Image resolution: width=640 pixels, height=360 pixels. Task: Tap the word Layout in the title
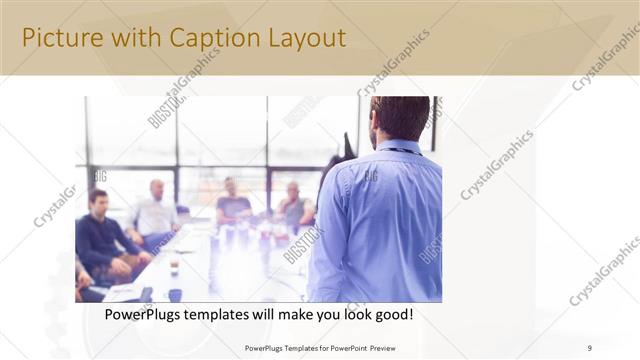coord(304,38)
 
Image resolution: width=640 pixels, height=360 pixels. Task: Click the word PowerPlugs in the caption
coord(146,314)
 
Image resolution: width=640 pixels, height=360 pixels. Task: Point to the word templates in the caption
coord(229,314)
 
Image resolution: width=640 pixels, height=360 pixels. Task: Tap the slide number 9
coord(589,347)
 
